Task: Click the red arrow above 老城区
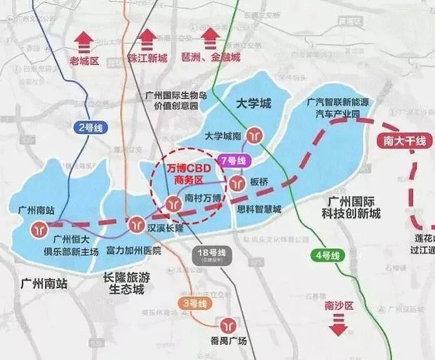click(84, 42)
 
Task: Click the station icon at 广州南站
click(39, 228)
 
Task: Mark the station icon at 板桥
click(237, 183)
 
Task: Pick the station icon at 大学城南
click(254, 134)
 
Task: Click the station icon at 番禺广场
click(226, 325)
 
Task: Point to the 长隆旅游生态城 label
click(126, 282)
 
